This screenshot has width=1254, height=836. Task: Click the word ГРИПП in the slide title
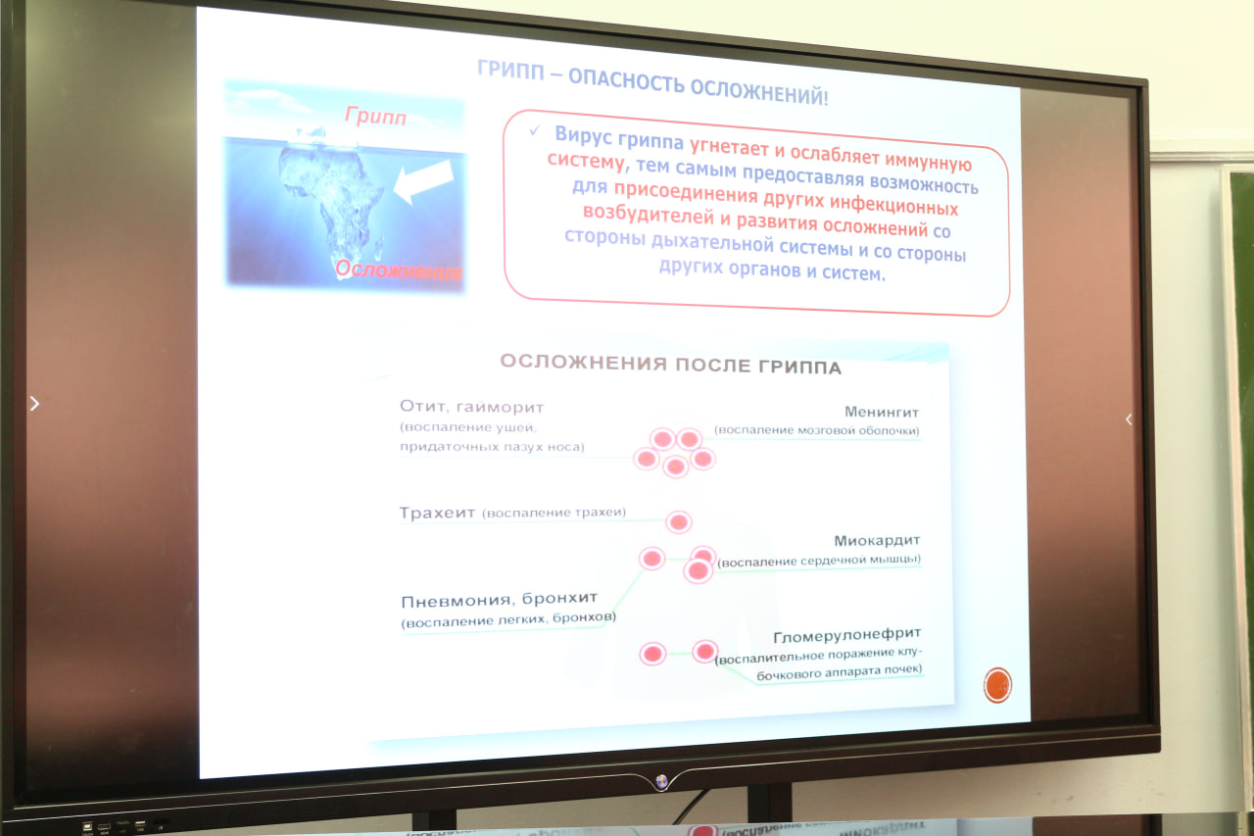coord(510,72)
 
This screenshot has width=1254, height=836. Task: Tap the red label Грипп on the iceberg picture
coord(375,116)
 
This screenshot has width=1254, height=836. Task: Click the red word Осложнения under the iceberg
coord(399,270)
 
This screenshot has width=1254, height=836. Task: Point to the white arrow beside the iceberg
coord(424,181)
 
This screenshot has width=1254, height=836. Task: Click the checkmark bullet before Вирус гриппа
coord(535,130)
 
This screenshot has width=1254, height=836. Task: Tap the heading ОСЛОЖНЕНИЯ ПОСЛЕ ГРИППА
coord(671,365)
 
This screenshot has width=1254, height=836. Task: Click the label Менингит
coord(882,413)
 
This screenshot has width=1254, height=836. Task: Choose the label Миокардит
coord(877,540)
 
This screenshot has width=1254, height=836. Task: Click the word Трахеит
coord(437,513)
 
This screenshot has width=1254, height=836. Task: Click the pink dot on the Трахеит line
coord(679,521)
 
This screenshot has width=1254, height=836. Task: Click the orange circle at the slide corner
coord(997,685)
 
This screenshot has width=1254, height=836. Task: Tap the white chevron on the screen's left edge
coord(34,403)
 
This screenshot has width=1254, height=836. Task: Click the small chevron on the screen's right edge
coord(1129,419)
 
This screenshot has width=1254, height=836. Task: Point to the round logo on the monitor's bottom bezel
coord(661,781)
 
